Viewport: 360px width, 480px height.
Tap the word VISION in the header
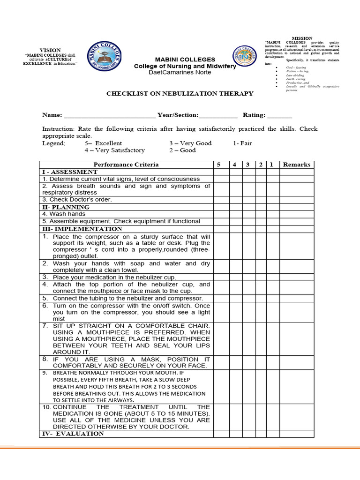pyautogui.click(x=50, y=50)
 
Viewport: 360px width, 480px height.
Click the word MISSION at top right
pyautogui.click(x=302, y=38)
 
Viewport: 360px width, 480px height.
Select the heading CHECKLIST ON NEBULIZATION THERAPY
pyautogui.click(x=180, y=93)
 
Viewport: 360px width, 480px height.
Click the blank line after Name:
pyautogui.click(x=109, y=116)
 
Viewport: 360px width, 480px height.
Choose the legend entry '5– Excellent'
pyautogui.click(x=103, y=143)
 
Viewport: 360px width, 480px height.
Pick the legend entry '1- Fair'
pyautogui.click(x=242, y=143)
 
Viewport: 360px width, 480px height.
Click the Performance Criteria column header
pyautogui.click(x=126, y=165)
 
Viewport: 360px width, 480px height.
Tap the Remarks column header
pyautogui.click(x=296, y=165)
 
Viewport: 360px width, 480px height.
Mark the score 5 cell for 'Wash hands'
pyautogui.click(x=221, y=214)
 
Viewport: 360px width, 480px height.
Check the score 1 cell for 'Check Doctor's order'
pyautogui.click(x=273, y=200)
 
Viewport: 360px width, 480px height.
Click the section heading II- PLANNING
pyautogui.click(x=66, y=207)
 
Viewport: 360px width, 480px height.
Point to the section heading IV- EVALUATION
pyautogui.click(x=73, y=434)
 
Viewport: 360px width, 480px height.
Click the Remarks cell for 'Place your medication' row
pyautogui.click(x=296, y=277)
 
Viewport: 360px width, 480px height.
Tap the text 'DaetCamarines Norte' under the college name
pyautogui.click(x=180, y=72)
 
